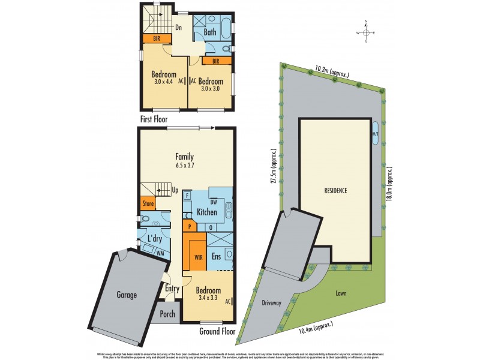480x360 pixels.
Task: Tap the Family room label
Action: pyautogui.click(x=184, y=157)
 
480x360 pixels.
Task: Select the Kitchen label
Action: pyautogui.click(x=206, y=212)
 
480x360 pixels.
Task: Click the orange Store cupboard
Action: pyautogui.click(x=148, y=204)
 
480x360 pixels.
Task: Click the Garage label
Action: pyautogui.click(x=126, y=295)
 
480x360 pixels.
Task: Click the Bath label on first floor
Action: pyautogui.click(x=210, y=32)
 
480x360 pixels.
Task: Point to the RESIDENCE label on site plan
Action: pyautogui.click(x=336, y=190)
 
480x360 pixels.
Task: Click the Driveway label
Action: pyautogui.click(x=272, y=303)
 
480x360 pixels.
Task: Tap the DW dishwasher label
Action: pyautogui.click(x=213, y=202)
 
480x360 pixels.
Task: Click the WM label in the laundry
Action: pyautogui.click(x=160, y=254)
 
